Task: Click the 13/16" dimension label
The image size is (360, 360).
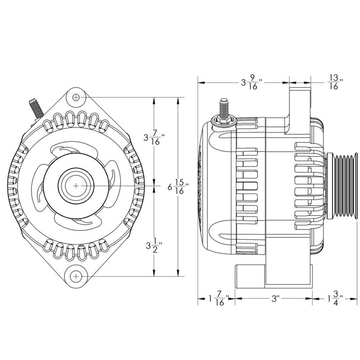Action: click(x=334, y=83)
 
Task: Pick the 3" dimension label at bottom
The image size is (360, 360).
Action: click(x=275, y=298)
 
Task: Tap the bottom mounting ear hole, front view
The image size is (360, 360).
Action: click(x=76, y=275)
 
